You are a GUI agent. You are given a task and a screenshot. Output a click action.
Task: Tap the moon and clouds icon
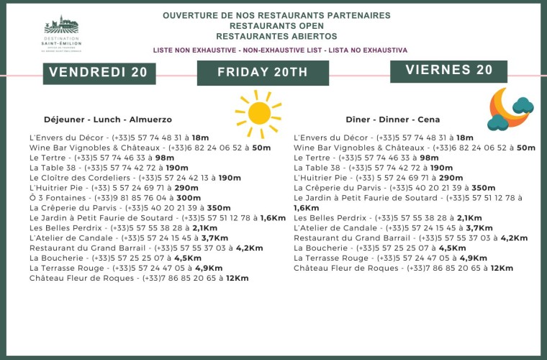tap(510, 109)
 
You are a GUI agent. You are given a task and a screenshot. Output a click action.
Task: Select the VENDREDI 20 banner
tap(99, 72)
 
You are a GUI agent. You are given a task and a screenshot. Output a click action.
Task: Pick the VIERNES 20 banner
tap(449, 71)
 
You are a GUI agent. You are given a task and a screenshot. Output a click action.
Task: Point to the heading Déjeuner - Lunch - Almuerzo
tap(108, 120)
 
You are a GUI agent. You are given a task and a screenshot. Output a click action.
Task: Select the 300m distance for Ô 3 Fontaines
tap(189, 197)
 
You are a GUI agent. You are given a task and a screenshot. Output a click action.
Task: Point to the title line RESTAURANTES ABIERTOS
tap(276, 35)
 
